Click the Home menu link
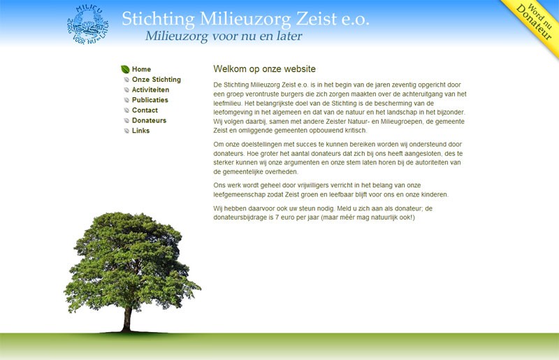pos(141,69)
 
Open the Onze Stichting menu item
pos(156,80)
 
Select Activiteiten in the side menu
pos(150,90)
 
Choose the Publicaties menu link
pos(150,100)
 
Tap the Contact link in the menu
pos(145,110)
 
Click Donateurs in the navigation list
pos(149,121)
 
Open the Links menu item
pos(140,131)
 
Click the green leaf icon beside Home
pos(125,69)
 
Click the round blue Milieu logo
pos(88,24)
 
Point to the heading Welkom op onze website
pos(265,69)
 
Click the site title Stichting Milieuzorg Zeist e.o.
pos(245,19)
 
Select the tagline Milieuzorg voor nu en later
pos(224,36)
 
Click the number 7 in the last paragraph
pos(277,217)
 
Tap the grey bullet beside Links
pos(126,131)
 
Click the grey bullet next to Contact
pos(126,110)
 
